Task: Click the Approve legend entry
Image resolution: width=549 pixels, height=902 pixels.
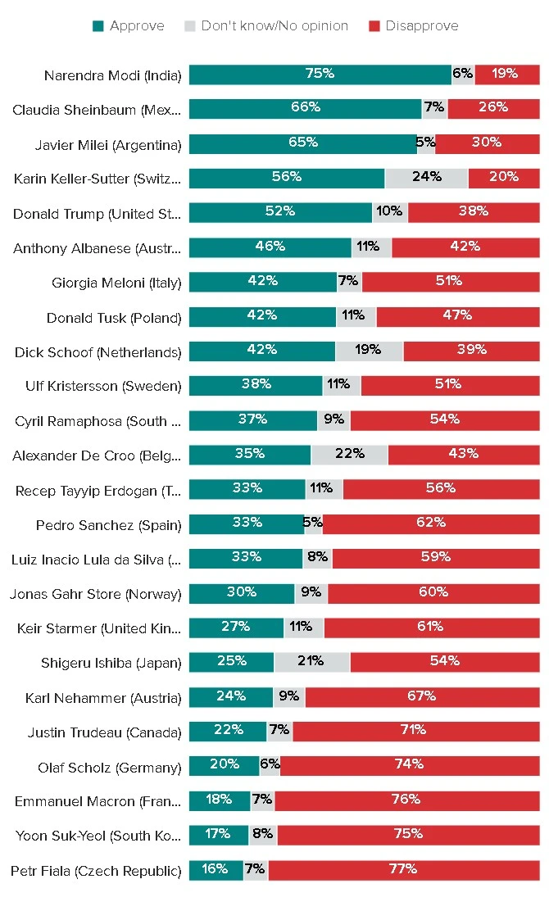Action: pos(129,26)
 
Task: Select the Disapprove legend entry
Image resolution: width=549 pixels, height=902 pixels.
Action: pos(414,26)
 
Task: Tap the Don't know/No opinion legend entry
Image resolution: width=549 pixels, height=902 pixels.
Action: pos(266,26)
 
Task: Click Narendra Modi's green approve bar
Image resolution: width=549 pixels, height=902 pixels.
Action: pos(320,75)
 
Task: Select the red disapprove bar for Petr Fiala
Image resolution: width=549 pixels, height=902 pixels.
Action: pos(403,870)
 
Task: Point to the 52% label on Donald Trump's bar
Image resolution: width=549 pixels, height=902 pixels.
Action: pos(280,211)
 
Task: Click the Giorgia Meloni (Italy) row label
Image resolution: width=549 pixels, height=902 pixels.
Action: pos(116,283)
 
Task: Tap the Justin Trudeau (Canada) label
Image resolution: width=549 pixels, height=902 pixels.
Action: pos(104,732)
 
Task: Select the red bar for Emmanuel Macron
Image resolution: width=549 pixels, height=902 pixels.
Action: pos(406,800)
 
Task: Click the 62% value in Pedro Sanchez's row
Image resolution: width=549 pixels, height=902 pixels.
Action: pos(431,523)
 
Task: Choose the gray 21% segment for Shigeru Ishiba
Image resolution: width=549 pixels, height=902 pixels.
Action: pos(311,662)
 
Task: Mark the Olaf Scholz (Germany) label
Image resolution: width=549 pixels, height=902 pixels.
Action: pos(109,768)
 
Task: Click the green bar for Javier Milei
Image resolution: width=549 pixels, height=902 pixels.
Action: pos(303,143)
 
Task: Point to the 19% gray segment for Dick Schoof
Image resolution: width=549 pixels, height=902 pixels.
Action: pos(369,351)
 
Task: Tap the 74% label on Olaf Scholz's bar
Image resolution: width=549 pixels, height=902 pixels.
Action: pos(409,765)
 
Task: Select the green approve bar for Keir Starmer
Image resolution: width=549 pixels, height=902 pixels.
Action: pos(236,628)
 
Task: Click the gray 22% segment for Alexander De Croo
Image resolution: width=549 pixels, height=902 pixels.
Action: pos(349,454)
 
